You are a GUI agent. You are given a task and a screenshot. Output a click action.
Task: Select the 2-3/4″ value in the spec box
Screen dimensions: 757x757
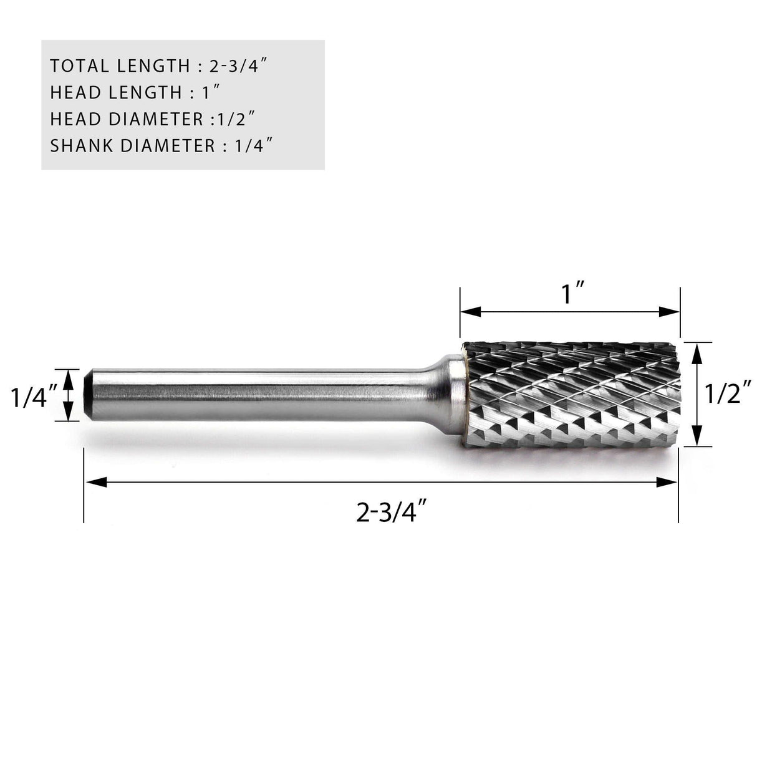click(x=246, y=65)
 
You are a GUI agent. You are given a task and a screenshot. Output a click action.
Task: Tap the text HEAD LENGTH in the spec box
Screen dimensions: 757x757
click(x=115, y=92)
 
